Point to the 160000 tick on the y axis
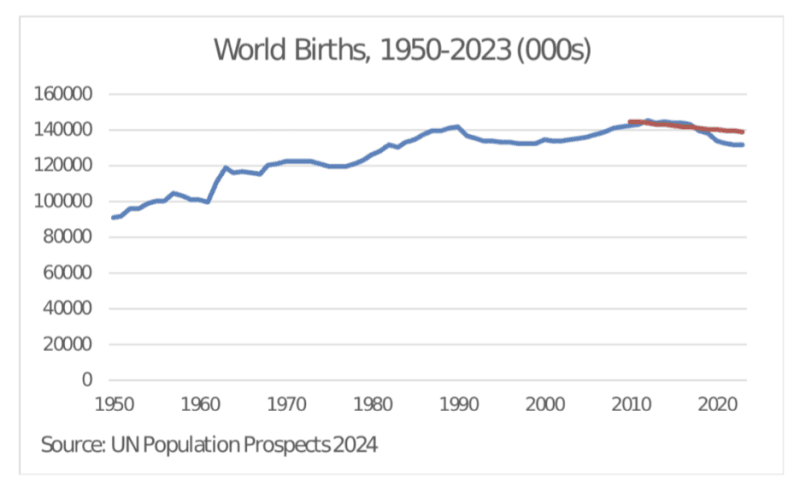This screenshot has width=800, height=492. click(x=66, y=94)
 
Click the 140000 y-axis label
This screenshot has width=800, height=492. click(x=66, y=130)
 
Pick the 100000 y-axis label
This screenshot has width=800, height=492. click(x=66, y=201)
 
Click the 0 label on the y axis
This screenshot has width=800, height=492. click(x=87, y=380)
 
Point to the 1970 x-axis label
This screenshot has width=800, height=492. click(x=287, y=405)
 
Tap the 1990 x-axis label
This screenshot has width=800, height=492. click(x=459, y=405)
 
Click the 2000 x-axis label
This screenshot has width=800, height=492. click(x=545, y=405)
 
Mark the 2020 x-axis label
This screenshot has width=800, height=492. click(x=717, y=405)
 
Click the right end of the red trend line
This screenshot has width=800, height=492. click(x=743, y=132)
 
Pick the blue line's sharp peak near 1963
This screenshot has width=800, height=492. click(x=227, y=167)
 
